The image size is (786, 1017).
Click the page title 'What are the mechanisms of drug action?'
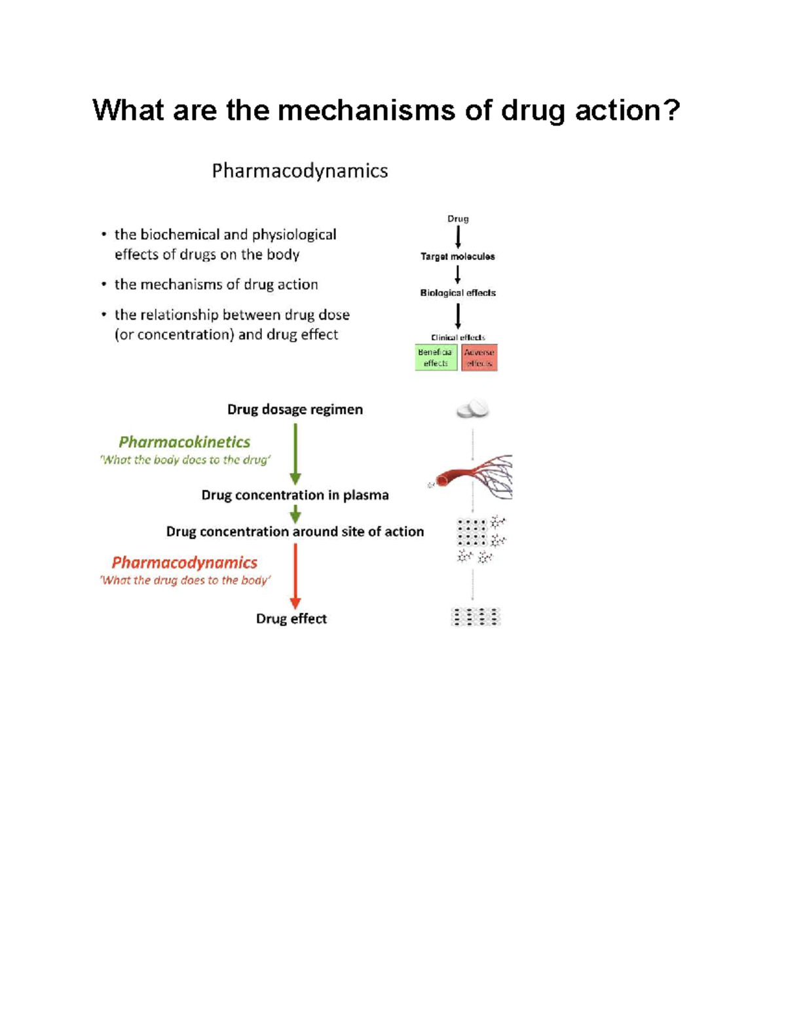tap(386, 110)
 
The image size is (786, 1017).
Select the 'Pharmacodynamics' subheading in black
tap(299, 171)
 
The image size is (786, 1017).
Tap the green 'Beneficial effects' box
tap(436, 358)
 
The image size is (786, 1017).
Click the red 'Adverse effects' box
tap(479, 358)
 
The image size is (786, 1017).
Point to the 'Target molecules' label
tap(458, 257)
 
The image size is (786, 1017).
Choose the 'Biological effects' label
tap(458, 293)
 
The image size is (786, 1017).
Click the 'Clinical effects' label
tap(458, 337)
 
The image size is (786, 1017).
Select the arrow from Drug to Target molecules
tap(458, 236)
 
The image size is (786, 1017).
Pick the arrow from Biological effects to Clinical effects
tap(458, 316)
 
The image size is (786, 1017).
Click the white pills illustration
tap(473, 409)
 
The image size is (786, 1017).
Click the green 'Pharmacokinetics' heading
tap(185, 442)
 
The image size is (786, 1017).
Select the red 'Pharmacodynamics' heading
tap(185, 563)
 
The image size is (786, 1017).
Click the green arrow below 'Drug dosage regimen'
tap(295, 453)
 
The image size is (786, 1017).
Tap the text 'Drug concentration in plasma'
tap(295, 495)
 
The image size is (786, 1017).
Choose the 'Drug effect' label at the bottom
tap(291, 619)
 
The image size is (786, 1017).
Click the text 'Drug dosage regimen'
tap(295, 409)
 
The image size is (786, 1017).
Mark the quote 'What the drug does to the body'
tap(185, 580)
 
